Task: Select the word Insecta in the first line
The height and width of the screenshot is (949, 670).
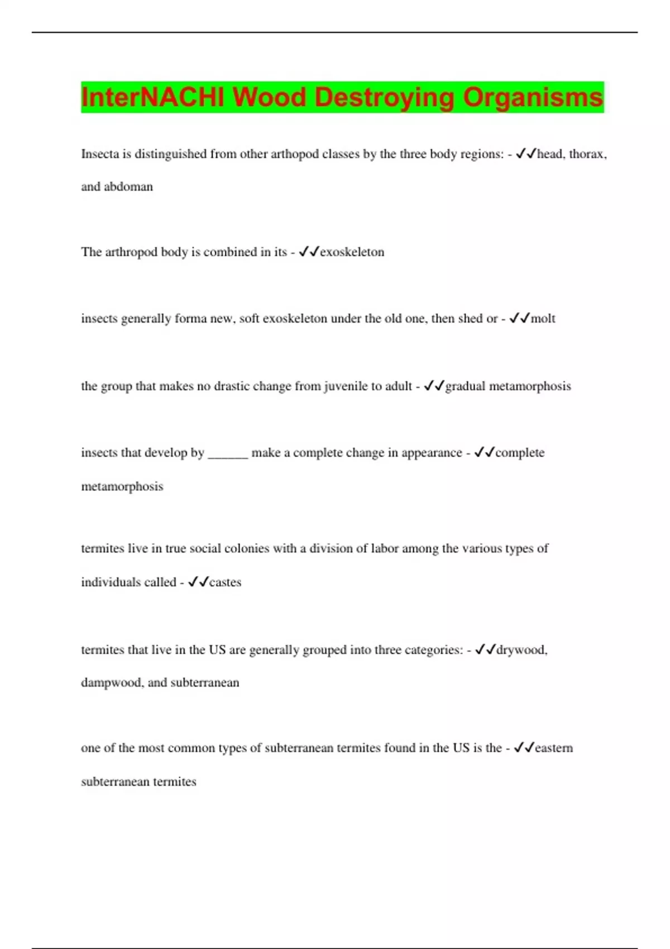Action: coord(100,154)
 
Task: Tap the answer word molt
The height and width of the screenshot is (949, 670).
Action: coord(543,319)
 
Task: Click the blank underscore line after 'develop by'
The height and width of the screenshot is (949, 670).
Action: coord(228,453)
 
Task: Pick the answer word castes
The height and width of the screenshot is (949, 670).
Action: coord(225,582)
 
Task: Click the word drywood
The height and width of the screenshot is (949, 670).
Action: coord(521,650)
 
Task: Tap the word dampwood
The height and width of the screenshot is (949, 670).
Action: coord(112,683)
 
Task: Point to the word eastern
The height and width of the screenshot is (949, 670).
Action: coord(553,748)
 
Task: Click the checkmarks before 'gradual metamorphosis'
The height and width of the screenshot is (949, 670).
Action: coord(434,386)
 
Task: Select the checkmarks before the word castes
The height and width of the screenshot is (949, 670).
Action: coord(198,582)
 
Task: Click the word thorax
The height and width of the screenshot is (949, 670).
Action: coord(587,154)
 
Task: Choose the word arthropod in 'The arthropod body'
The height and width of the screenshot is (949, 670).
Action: coord(131,252)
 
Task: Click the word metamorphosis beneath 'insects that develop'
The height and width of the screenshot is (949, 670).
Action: coord(122,486)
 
